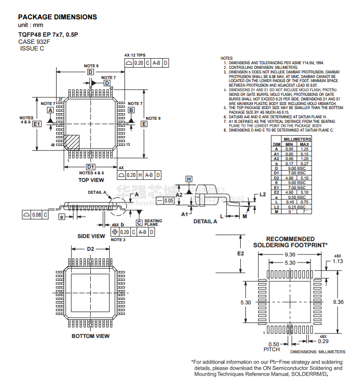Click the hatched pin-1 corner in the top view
click(x=71, y=141)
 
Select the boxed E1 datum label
click(x=37, y=124)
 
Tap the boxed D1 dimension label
click(x=90, y=167)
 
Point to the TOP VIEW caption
click(x=91, y=180)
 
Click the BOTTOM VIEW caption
click(x=90, y=336)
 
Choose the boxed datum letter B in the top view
click(x=131, y=110)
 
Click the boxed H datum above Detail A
click(x=188, y=179)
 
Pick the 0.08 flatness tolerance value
click(x=36, y=215)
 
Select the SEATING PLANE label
click(x=153, y=223)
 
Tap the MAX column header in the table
click(x=304, y=144)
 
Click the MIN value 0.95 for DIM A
click(x=289, y=148)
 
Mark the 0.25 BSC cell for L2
click(x=297, y=207)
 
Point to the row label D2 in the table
click(x=276, y=177)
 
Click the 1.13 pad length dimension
click(x=337, y=261)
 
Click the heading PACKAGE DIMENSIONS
click(x=57, y=17)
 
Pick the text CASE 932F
click(x=34, y=41)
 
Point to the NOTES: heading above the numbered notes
click(x=227, y=58)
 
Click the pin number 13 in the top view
click(x=128, y=145)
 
